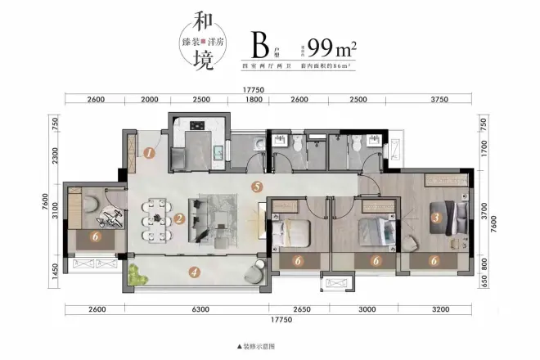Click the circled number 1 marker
(150, 152)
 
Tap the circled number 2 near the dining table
(178, 218)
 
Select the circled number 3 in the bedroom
(436, 218)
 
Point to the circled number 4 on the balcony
(193, 272)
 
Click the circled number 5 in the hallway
(257, 187)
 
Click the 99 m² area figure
(333, 43)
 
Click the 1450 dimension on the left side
(56, 269)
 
